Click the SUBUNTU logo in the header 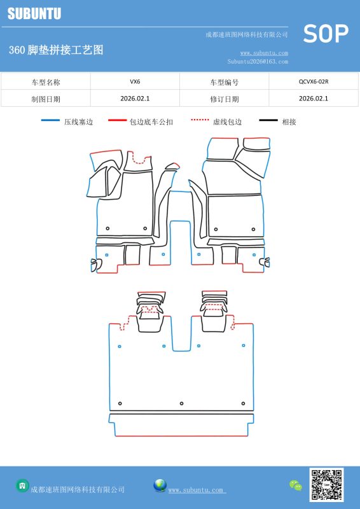click(x=34, y=13)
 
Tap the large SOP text click(x=326, y=34)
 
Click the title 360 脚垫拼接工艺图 click(x=56, y=50)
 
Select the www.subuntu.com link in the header click(x=264, y=53)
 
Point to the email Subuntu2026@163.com click(x=258, y=61)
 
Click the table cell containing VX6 click(x=135, y=81)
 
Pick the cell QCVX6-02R click(x=314, y=81)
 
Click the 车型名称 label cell click(x=46, y=82)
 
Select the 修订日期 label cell click(x=225, y=99)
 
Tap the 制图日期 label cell click(x=46, y=99)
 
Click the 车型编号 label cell click(x=225, y=82)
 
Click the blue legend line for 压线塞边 click(x=50, y=120)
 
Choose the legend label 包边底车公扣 click(x=151, y=122)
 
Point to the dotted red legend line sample click(x=200, y=120)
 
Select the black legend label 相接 click(x=289, y=122)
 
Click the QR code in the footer click(x=326, y=485)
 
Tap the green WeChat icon click(x=295, y=485)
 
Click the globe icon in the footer click(x=160, y=485)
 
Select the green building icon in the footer click(x=22, y=485)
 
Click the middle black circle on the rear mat click(x=181, y=403)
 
